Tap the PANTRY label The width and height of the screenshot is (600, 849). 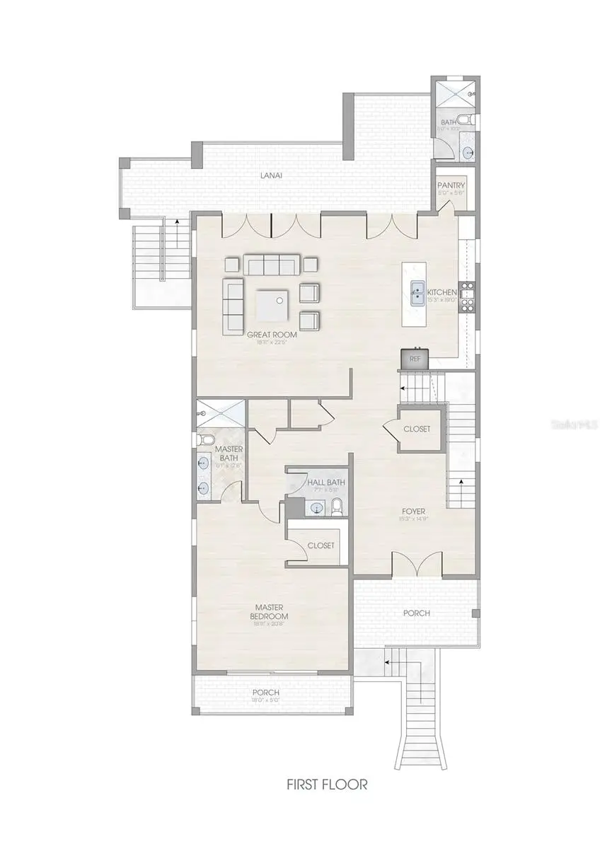(x=451, y=185)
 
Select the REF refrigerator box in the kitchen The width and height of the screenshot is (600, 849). (x=415, y=359)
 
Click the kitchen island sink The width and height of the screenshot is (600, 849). (x=418, y=289)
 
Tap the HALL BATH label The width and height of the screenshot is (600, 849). (x=326, y=483)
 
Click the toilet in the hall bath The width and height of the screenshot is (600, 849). (x=337, y=506)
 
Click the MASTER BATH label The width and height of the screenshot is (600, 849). (x=229, y=454)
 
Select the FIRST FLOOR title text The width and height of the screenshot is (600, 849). (x=326, y=784)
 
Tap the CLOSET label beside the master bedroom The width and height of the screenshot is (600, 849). (x=321, y=545)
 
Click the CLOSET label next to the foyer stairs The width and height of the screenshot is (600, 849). (x=416, y=429)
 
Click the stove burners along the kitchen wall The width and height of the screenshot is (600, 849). (x=467, y=297)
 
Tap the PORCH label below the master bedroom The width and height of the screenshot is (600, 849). (x=265, y=693)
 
